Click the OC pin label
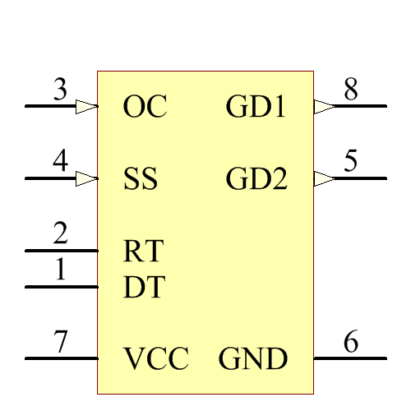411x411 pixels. click(145, 107)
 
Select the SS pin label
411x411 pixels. click(141, 179)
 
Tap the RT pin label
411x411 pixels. click(143, 250)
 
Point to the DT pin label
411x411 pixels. click(144, 287)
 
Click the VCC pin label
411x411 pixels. click(156, 359)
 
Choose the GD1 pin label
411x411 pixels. click(256, 107)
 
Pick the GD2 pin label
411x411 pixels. click(256, 179)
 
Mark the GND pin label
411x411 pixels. click(253, 359)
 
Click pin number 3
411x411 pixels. click(60, 90)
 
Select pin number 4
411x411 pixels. click(60, 162)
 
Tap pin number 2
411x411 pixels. click(60, 234)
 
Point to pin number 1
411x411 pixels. click(60, 270)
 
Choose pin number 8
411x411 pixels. click(351, 90)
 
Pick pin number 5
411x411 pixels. click(351, 162)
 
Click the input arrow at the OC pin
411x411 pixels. click(86, 106)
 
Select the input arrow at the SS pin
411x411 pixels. click(86, 178)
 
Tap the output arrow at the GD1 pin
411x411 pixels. click(325, 106)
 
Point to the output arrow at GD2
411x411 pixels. click(325, 178)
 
